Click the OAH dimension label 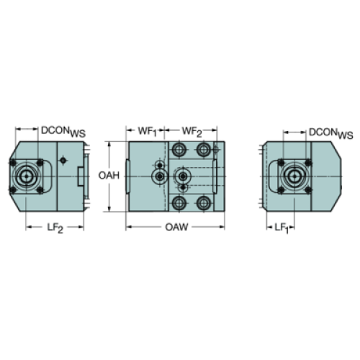coord(109,176)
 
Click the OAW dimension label coord(176,227)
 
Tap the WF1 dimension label coord(147,132)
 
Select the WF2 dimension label coord(192,132)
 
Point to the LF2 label coord(55,228)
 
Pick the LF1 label coord(282,228)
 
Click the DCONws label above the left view coord(63,132)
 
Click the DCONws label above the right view coord(331,133)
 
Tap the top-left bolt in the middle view coord(179,150)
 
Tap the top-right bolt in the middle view coord(204,150)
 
